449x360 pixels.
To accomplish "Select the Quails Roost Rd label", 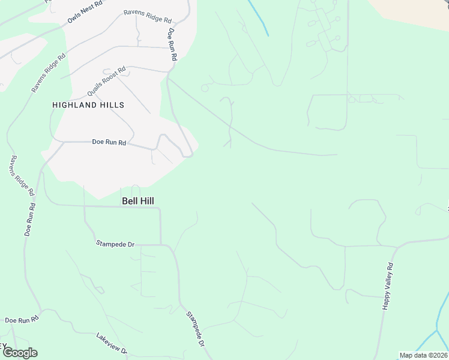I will [x=106, y=82].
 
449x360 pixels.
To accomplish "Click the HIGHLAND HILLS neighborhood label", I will [x=88, y=105].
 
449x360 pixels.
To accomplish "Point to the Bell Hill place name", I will [x=138, y=202].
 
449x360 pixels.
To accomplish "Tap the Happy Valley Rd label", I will [x=388, y=286].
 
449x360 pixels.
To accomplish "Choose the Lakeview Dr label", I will [x=112, y=343].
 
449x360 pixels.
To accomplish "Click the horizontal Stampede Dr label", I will [x=115, y=244].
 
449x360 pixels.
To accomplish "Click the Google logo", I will [x=19, y=353].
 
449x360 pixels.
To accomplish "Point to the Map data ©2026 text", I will [x=424, y=355].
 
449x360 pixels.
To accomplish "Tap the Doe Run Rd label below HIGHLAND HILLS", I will [x=109, y=143].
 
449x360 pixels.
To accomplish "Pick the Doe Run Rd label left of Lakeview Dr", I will [x=22, y=320].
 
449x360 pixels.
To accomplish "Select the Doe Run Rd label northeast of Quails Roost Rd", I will [x=172, y=44].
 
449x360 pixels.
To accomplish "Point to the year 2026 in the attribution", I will [x=439, y=355].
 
